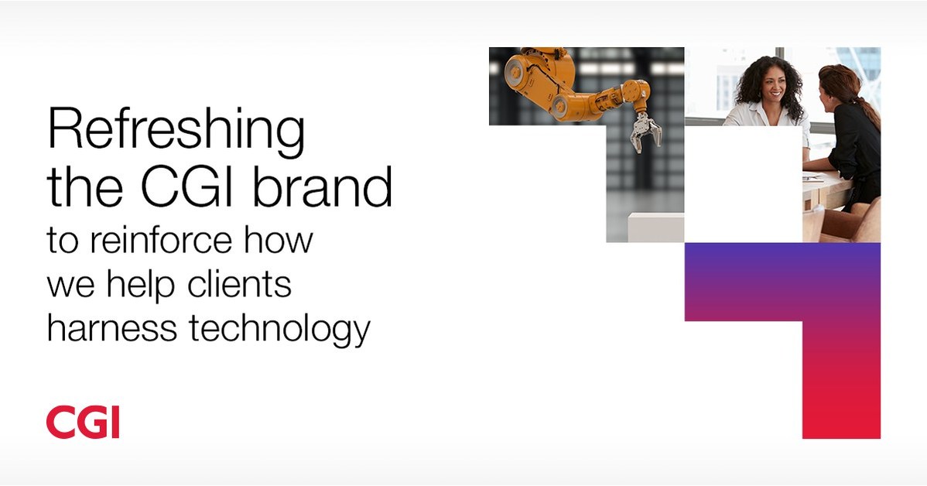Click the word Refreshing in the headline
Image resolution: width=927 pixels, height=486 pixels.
(176, 132)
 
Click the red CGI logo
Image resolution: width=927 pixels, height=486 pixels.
(83, 422)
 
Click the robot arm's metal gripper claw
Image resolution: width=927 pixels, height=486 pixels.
(645, 132)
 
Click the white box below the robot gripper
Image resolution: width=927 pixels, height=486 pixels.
(655, 227)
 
